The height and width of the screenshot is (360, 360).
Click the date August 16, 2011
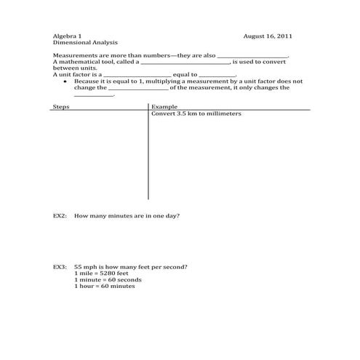[x=268, y=36]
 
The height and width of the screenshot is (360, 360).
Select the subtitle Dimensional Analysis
[x=80, y=42]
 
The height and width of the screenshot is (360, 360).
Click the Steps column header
[x=60, y=107]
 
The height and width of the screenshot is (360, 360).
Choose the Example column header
[x=164, y=107]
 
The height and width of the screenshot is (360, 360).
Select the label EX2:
[x=60, y=216]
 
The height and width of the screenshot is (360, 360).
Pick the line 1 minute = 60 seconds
[x=108, y=279]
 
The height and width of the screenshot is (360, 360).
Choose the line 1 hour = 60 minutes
[x=105, y=286]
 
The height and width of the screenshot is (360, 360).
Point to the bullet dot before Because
[x=66, y=81]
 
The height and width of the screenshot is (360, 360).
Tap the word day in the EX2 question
[x=175, y=216]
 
